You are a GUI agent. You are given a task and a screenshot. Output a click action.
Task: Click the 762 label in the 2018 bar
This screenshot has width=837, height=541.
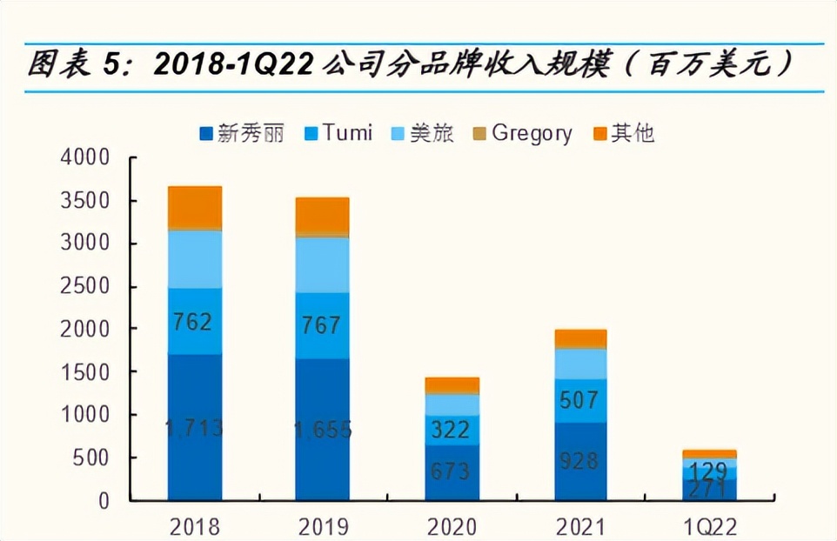click(192, 323)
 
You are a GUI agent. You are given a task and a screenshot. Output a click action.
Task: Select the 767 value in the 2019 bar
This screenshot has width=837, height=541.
click(319, 326)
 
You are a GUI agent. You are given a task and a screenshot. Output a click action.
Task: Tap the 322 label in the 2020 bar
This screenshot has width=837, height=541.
click(450, 430)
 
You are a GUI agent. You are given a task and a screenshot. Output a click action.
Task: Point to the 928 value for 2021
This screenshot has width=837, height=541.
click(579, 461)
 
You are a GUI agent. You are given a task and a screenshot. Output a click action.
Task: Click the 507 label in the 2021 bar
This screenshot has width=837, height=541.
click(579, 401)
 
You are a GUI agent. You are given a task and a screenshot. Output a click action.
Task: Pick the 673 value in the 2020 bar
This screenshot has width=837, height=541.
click(450, 472)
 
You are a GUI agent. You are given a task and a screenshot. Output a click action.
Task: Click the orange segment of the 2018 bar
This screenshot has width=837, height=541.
click(194, 207)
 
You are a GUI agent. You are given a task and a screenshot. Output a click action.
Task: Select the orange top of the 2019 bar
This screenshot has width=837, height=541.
click(322, 216)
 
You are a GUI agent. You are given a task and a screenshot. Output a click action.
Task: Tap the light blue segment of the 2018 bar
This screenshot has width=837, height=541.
click(194, 259)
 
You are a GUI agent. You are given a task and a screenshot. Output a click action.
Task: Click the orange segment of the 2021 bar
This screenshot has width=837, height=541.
click(579, 338)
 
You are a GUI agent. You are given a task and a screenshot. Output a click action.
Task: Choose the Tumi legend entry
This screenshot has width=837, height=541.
click(338, 133)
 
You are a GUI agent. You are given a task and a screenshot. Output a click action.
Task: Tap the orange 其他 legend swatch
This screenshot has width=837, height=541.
click(599, 134)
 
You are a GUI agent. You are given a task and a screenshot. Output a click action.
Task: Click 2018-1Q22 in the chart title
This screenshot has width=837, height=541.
click(231, 64)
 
